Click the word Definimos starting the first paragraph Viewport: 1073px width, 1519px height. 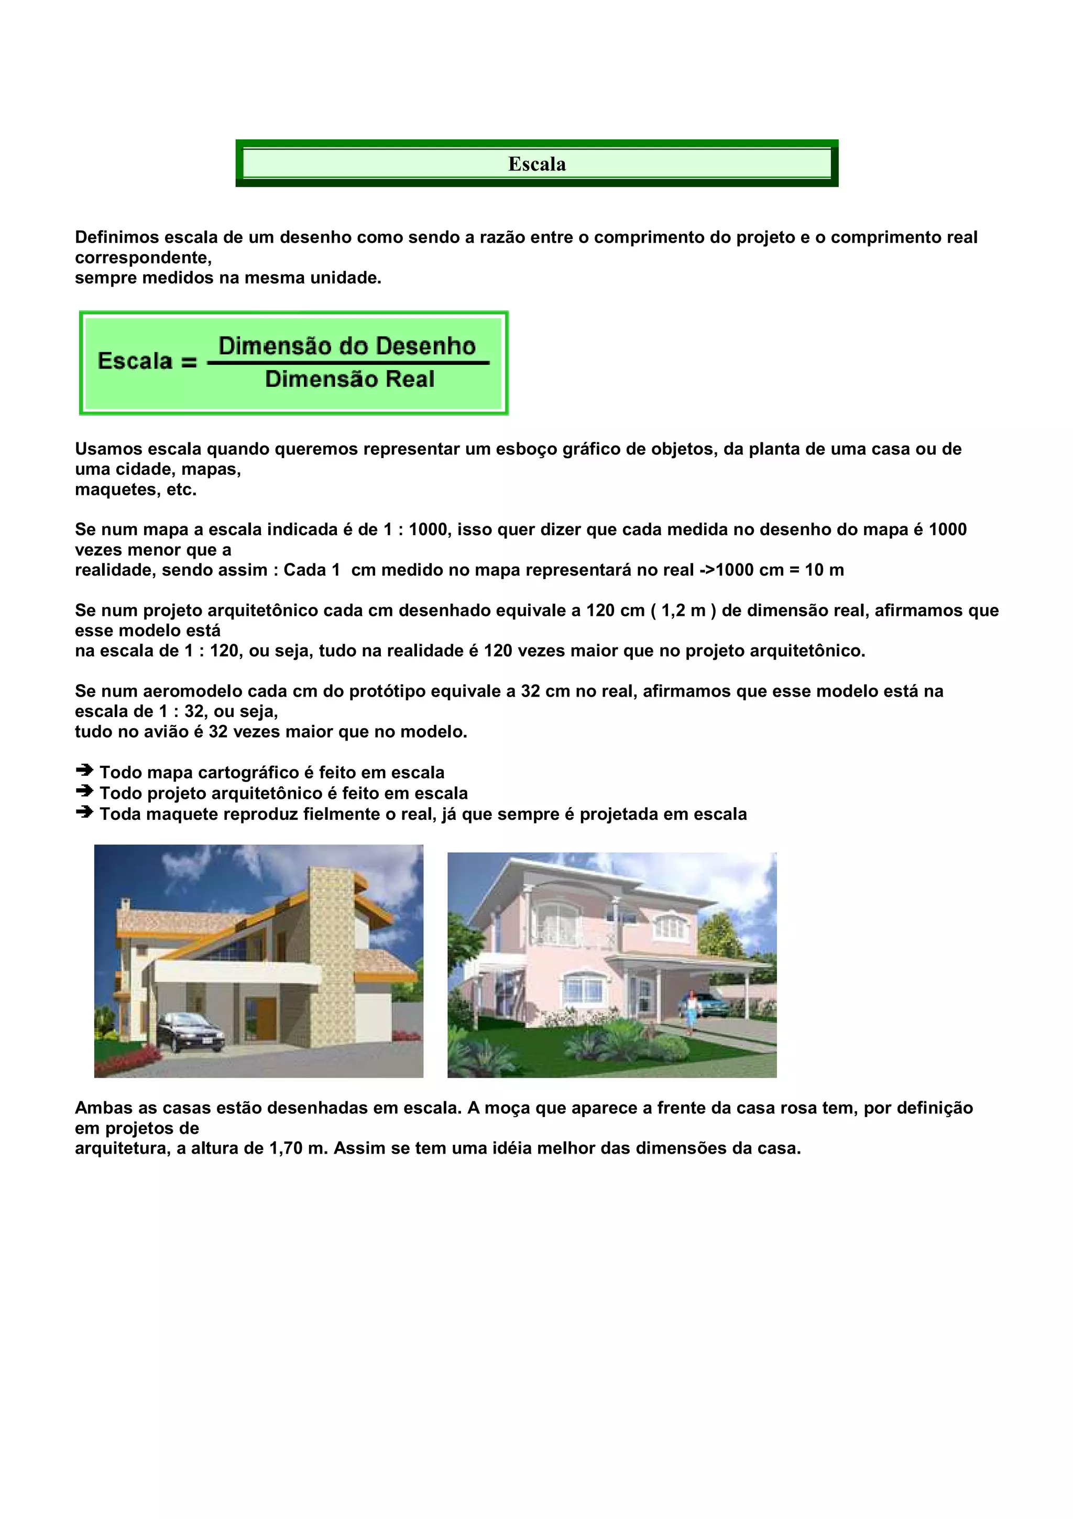point(116,237)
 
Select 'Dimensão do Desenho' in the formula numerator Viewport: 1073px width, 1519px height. point(347,346)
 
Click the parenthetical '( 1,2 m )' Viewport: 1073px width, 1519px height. point(684,611)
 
